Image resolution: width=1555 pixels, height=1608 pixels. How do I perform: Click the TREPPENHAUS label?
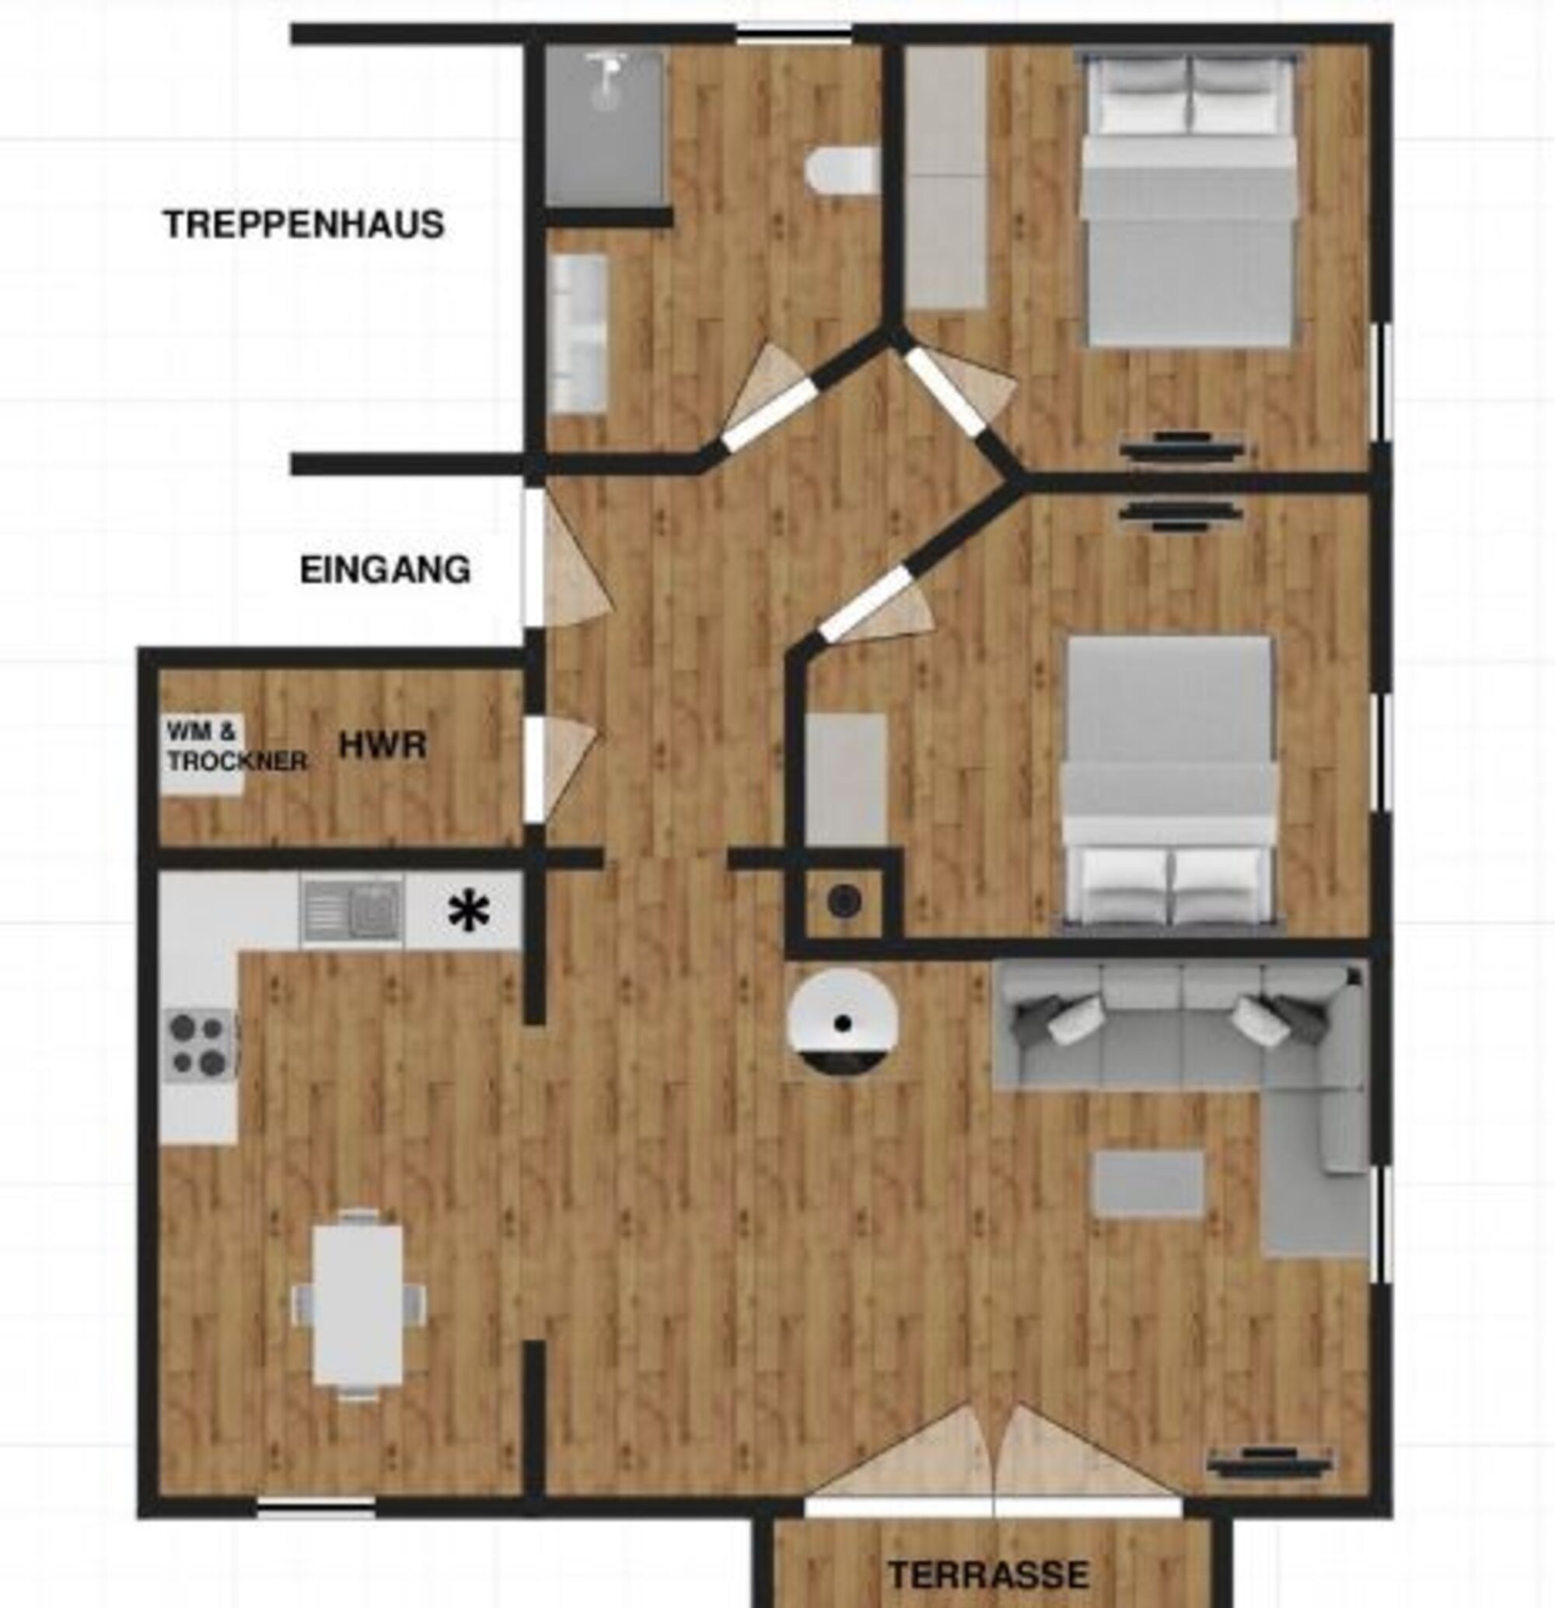point(305,224)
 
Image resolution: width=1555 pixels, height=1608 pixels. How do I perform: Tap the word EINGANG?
point(385,570)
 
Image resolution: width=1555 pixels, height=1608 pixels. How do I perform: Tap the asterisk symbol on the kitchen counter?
point(469,912)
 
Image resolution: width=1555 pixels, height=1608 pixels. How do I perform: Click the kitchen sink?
point(352,911)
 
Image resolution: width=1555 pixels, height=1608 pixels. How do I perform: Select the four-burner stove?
point(199,1044)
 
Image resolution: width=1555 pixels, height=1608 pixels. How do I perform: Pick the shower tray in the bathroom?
point(604,126)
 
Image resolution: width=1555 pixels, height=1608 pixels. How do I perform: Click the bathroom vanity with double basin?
point(578,333)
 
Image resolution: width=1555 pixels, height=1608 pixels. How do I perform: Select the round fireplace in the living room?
point(842,1022)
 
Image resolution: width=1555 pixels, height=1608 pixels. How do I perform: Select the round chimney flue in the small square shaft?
point(844,902)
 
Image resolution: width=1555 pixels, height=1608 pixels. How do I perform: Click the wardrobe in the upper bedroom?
point(946,177)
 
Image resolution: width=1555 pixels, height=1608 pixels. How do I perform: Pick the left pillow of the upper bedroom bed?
point(1144,95)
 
